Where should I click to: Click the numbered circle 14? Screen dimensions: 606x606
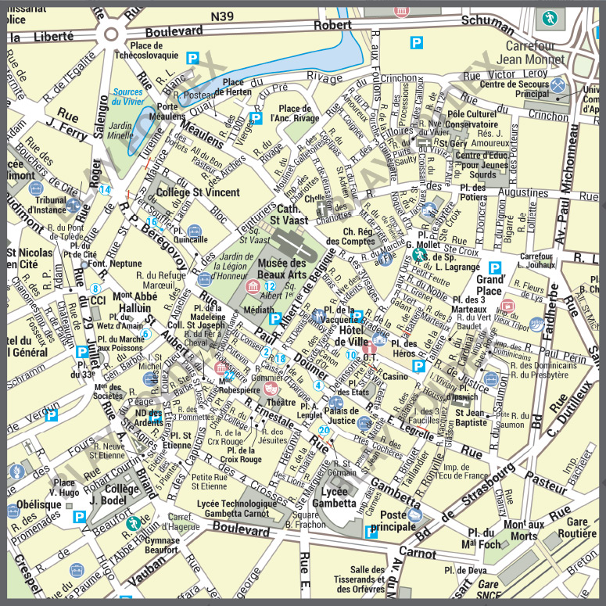pyautogui.click(x=104, y=189)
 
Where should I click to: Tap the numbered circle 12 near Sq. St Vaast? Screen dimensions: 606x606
pyautogui.click(x=270, y=286)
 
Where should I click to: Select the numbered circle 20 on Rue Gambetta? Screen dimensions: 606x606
pyautogui.click(x=324, y=431)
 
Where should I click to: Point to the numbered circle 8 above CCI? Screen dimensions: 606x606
pyautogui.click(x=95, y=289)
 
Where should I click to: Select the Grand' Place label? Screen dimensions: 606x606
pyautogui.click(x=490, y=285)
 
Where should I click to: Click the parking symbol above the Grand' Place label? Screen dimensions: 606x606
pyautogui.click(x=495, y=267)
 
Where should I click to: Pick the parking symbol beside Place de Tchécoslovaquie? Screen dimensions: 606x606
pyautogui.click(x=192, y=57)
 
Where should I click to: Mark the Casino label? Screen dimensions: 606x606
pyautogui.click(x=395, y=377)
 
